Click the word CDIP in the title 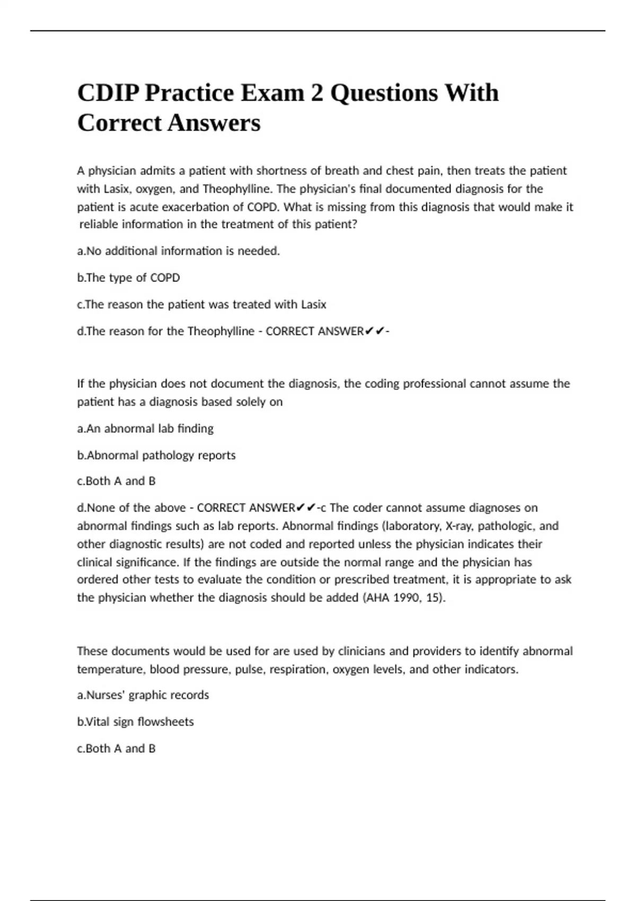click(108, 93)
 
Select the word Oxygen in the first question click(154, 189)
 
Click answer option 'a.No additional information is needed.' click(178, 251)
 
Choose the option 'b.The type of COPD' click(128, 278)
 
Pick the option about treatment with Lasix click(201, 305)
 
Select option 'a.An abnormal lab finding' click(145, 428)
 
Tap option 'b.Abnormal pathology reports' click(156, 455)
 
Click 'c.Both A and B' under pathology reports click(116, 481)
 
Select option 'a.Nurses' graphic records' click(143, 695)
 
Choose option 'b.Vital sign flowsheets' click(135, 722)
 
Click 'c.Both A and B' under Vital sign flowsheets click(116, 748)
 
